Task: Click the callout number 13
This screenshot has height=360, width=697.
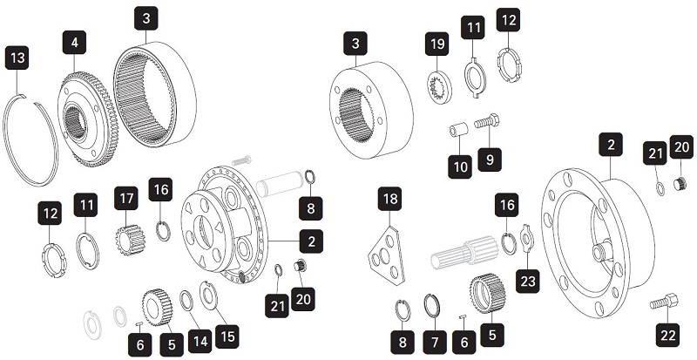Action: pos(17,59)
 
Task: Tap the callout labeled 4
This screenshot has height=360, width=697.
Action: pos(75,42)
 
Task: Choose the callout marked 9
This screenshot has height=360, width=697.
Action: pos(490,160)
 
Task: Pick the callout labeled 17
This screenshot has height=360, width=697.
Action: pos(126,200)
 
